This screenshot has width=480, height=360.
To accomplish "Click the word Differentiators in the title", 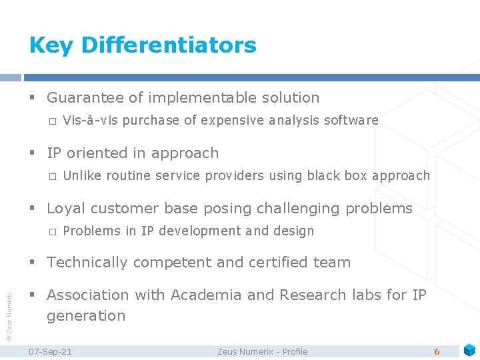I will (x=168, y=45).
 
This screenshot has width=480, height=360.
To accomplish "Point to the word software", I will (x=351, y=120).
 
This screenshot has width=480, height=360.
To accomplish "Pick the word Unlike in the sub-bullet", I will (x=81, y=175).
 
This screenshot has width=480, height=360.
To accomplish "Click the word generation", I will (x=86, y=315).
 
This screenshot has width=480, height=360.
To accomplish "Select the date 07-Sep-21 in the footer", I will (x=51, y=351).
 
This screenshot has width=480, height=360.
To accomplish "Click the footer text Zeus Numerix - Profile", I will (x=262, y=351).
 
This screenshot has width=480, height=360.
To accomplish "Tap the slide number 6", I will (x=437, y=351).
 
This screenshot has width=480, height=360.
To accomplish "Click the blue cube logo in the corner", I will (x=469, y=349).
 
